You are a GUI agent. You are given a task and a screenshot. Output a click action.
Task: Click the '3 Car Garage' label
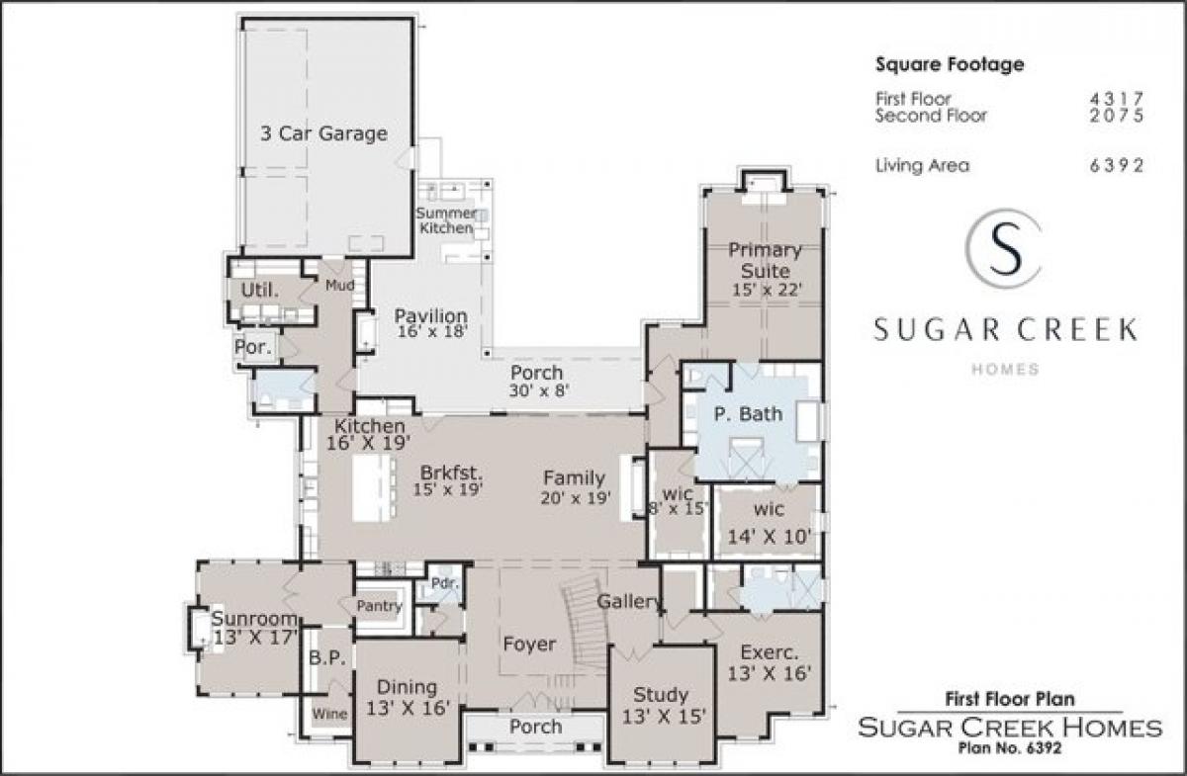point(323,133)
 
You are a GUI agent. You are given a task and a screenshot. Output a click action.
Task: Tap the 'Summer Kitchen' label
point(445,220)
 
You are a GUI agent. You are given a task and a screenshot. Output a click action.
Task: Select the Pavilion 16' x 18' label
point(430,324)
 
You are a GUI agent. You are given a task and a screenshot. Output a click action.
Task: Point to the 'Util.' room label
point(260,290)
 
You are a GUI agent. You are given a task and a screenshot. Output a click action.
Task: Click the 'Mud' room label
point(339,286)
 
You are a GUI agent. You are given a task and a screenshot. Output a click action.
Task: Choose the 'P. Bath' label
point(748,413)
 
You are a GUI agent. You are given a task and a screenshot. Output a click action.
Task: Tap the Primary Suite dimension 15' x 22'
point(765,291)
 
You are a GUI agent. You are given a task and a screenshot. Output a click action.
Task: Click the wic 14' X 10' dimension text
point(771,538)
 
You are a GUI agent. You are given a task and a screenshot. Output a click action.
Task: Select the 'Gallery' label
point(629,602)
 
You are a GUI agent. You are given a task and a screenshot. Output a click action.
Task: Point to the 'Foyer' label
point(529,645)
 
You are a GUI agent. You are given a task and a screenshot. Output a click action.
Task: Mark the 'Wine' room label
point(329,713)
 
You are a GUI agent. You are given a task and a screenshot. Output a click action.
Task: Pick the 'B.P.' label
point(325,657)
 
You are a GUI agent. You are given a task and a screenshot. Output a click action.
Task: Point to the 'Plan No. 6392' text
point(1011,748)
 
